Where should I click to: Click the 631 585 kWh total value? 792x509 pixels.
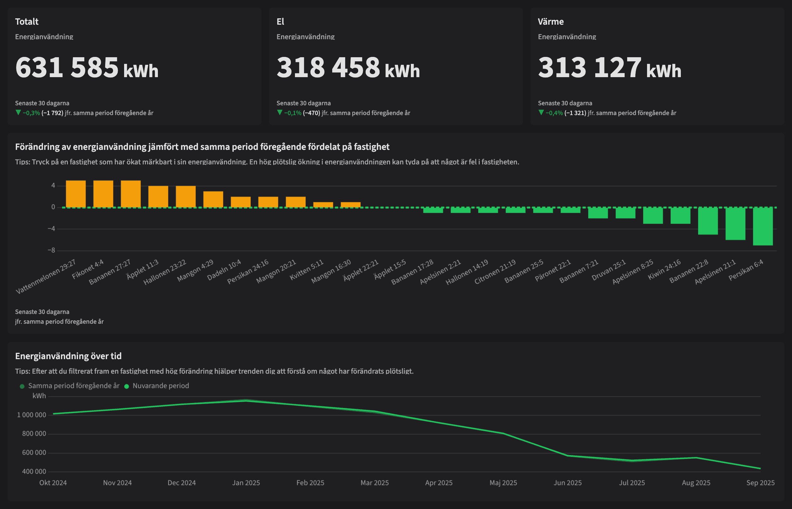[87, 68]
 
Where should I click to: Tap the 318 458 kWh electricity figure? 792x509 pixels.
[348, 68]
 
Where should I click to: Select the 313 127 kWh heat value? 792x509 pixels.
[609, 68]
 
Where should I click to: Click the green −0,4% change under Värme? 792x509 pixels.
[554, 113]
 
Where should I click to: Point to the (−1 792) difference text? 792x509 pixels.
[52, 113]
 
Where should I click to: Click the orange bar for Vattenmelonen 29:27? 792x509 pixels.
[75, 194]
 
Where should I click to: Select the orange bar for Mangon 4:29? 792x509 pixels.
[213, 199]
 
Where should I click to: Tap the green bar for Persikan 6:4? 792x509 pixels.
[763, 226]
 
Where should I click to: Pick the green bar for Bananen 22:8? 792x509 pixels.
[708, 221]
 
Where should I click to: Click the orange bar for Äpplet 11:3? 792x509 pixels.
[158, 197]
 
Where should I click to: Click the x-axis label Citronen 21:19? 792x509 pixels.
[495, 272]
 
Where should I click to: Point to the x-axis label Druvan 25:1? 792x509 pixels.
[609, 270]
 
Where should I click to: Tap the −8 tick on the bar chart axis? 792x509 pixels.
[51, 250]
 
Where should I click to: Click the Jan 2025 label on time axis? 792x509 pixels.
[246, 482]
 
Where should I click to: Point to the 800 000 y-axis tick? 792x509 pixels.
[34, 434]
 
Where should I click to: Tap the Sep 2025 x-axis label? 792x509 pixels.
[760, 482]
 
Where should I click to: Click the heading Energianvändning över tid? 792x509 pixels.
[68, 356]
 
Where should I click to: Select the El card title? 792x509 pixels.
[280, 21]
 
